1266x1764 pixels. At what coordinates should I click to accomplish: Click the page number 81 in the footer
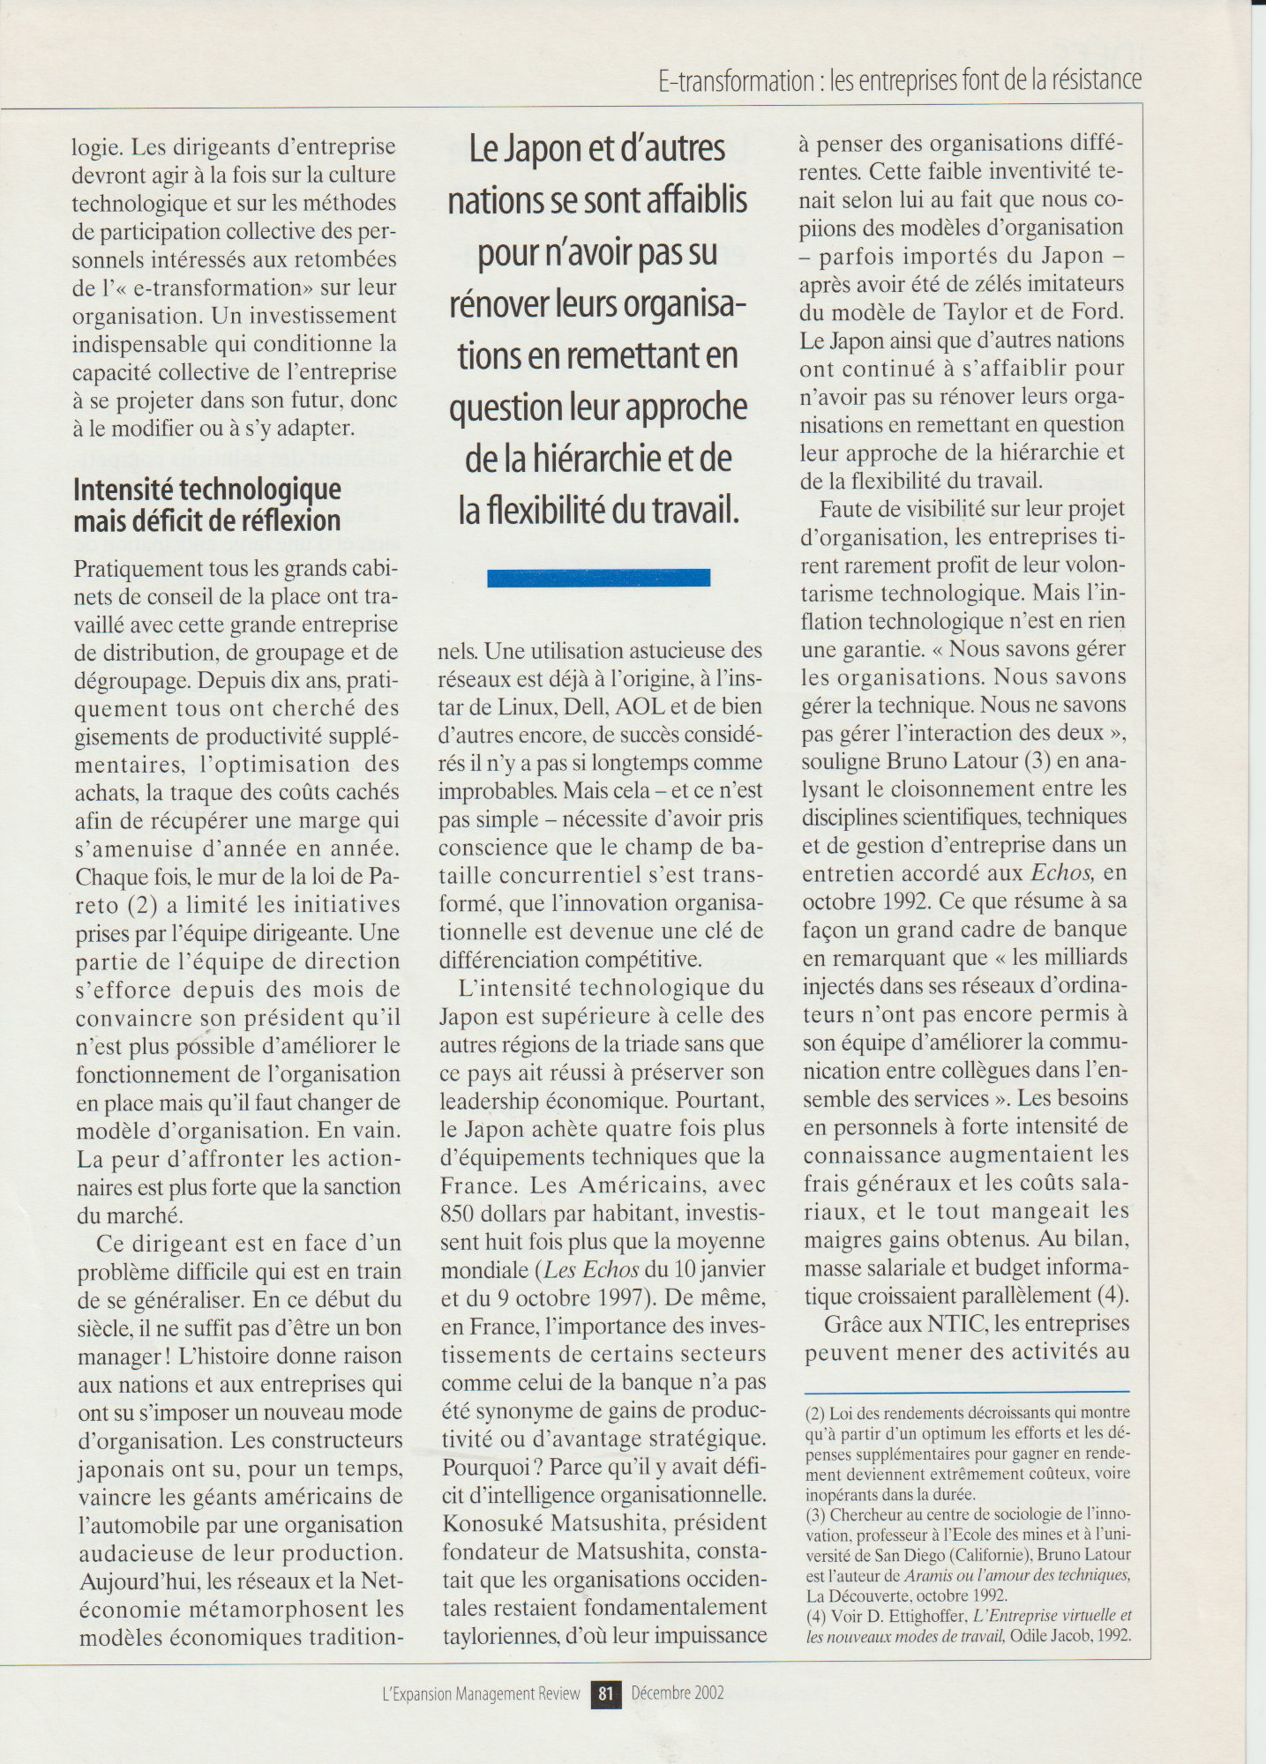[605, 1693]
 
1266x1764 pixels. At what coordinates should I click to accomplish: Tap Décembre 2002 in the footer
[678, 1693]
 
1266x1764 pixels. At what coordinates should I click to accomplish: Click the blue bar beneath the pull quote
[598, 578]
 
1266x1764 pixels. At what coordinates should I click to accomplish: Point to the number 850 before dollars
[459, 1213]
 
